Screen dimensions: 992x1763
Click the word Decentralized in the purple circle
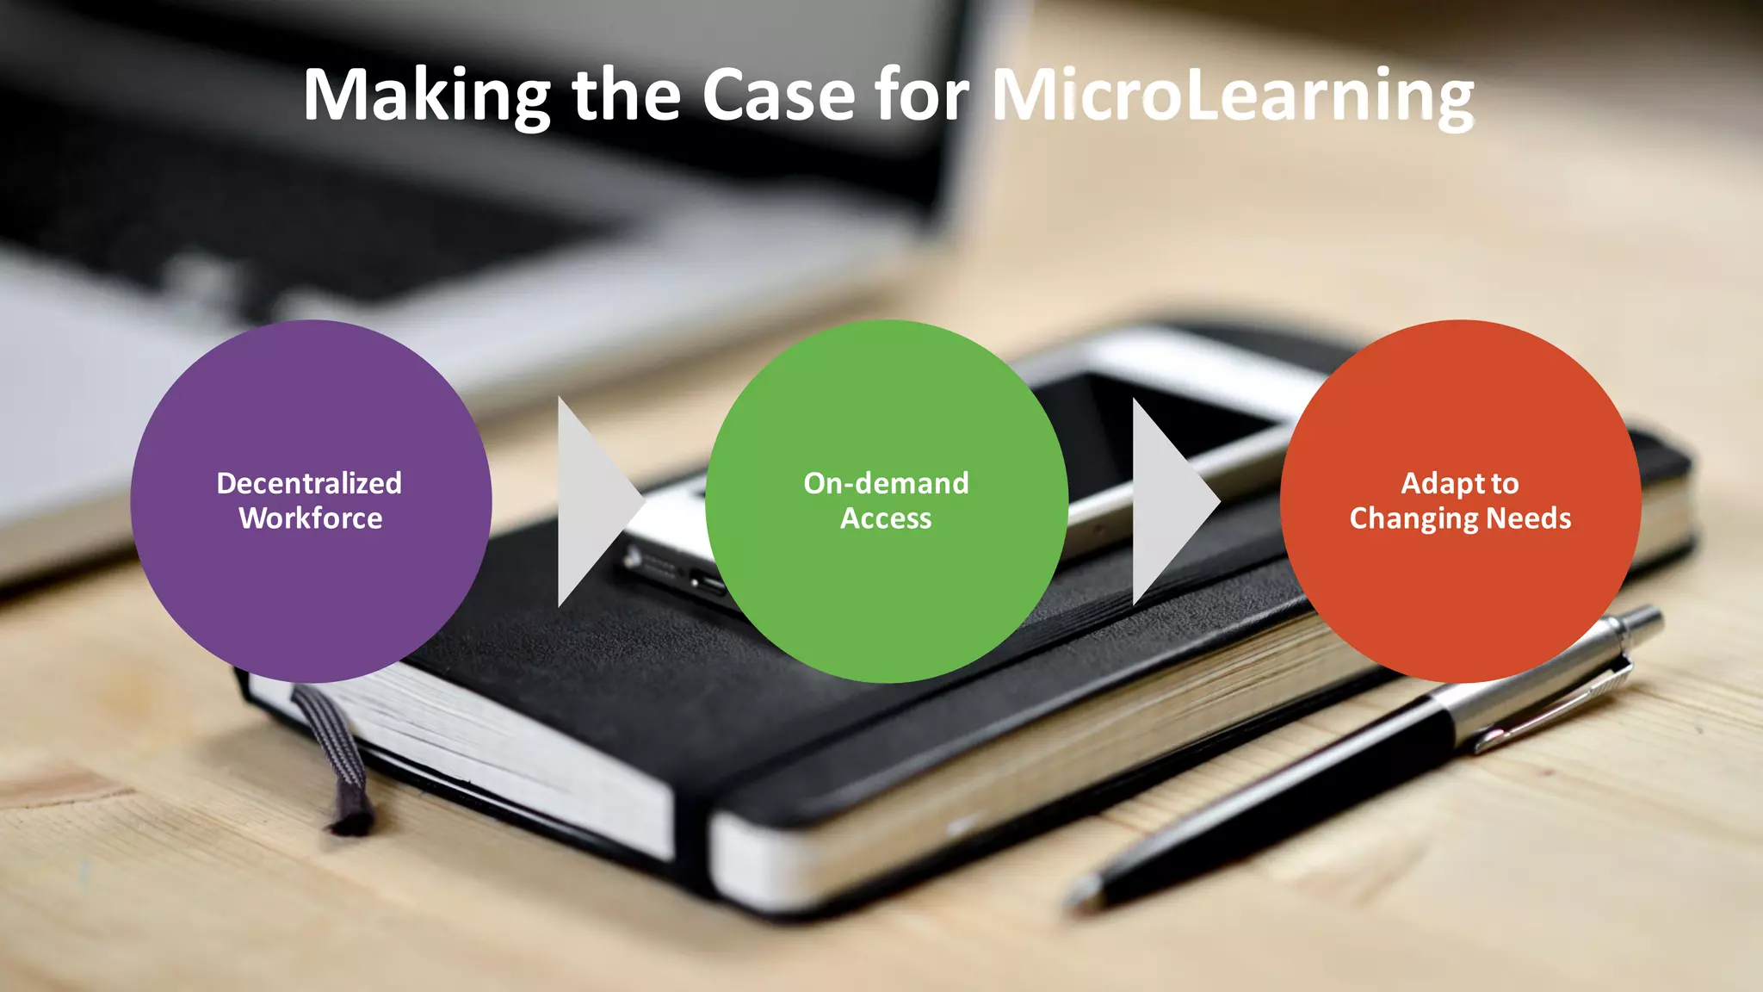[x=309, y=483]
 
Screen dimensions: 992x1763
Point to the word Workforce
[x=311, y=518]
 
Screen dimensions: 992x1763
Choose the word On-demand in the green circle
[x=886, y=483]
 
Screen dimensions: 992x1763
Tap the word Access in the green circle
[x=886, y=518]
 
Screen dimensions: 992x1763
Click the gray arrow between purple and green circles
[x=594, y=501]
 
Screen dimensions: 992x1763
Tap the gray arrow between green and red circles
[x=1169, y=501]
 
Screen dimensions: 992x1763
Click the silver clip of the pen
[x=1550, y=706]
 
